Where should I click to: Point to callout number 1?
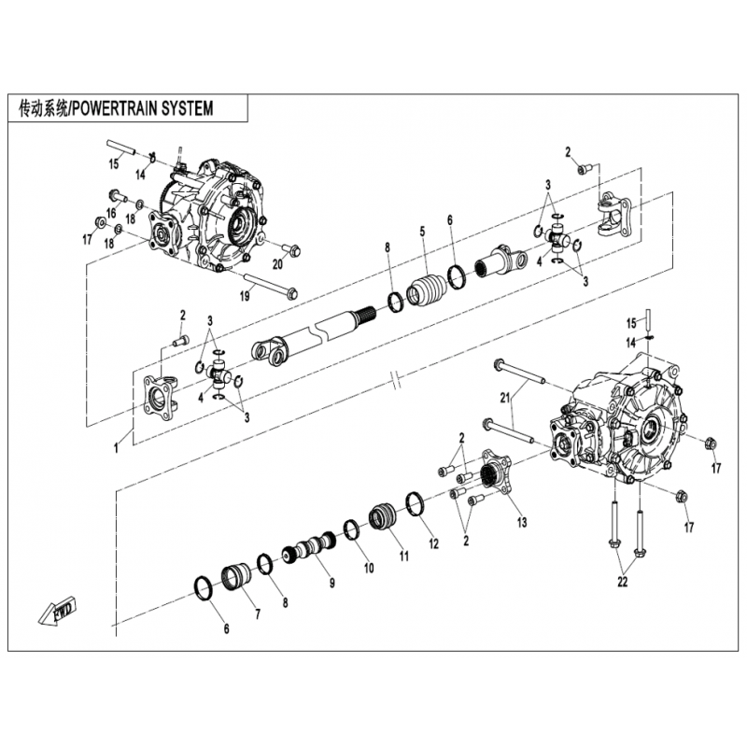(x=117, y=448)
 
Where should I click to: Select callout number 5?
(x=422, y=231)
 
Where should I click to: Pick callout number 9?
(x=331, y=583)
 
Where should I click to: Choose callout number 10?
(x=368, y=567)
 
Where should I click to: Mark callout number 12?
(x=433, y=543)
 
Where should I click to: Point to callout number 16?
(x=110, y=214)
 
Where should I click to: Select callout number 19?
(x=245, y=296)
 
